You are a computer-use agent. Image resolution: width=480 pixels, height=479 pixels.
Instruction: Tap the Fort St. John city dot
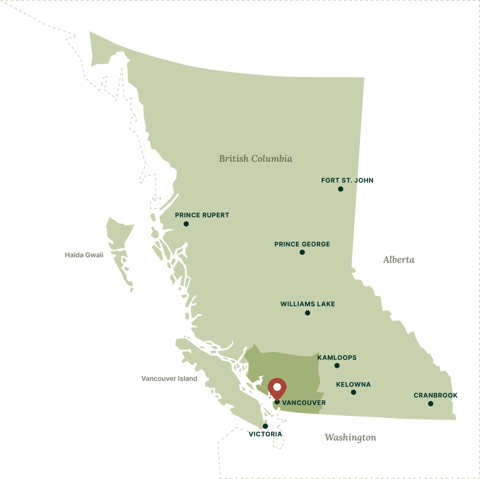pyautogui.click(x=341, y=189)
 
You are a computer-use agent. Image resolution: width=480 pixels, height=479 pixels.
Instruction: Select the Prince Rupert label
pyautogui.click(x=202, y=215)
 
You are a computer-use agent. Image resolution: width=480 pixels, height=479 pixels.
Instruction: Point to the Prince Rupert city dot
pyautogui.click(x=186, y=224)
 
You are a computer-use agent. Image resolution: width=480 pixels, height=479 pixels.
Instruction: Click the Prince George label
pyautogui.click(x=302, y=244)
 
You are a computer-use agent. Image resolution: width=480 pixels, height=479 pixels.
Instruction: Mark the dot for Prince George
pyautogui.click(x=302, y=252)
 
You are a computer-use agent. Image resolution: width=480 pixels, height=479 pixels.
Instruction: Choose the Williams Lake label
pyautogui.click(x=307, y=304)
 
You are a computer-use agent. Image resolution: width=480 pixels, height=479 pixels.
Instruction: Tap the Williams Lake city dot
pyautogui.click(x=308, y=313)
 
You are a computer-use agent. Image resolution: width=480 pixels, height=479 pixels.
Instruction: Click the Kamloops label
pyautogui.click(x=337, y=358)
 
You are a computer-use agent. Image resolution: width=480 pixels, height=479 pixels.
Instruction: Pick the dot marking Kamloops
pyautogui.click(x=337, y=366)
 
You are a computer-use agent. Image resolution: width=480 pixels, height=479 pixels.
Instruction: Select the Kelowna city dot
pyautogui.click(x=353, y=392)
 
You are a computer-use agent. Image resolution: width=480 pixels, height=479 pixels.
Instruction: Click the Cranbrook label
pyautogui.click(x=435, y=395)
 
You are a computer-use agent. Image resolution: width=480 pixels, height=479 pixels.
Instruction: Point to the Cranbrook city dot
pyautogui.click(x=431, y=404)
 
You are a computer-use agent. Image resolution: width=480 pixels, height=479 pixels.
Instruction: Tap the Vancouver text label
pyautogui.click(x=304, y=403)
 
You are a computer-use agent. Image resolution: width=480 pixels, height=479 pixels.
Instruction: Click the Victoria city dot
pyautogui.click(x=265, y=426)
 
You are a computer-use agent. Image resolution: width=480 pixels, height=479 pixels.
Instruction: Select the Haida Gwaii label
pyautogui.click(x=84, y=255)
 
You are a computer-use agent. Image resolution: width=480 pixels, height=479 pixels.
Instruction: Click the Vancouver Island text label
pyautogui.click(x=169, y=378)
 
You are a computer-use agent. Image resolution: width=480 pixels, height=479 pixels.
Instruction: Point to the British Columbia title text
pyautogui.click(x=256, y=159)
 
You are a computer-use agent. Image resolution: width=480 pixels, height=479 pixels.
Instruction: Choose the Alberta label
pyautogui.click(x=399, y=260)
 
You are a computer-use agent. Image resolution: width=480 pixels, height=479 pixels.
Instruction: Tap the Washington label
pyautogui.click(x=350, y=437)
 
